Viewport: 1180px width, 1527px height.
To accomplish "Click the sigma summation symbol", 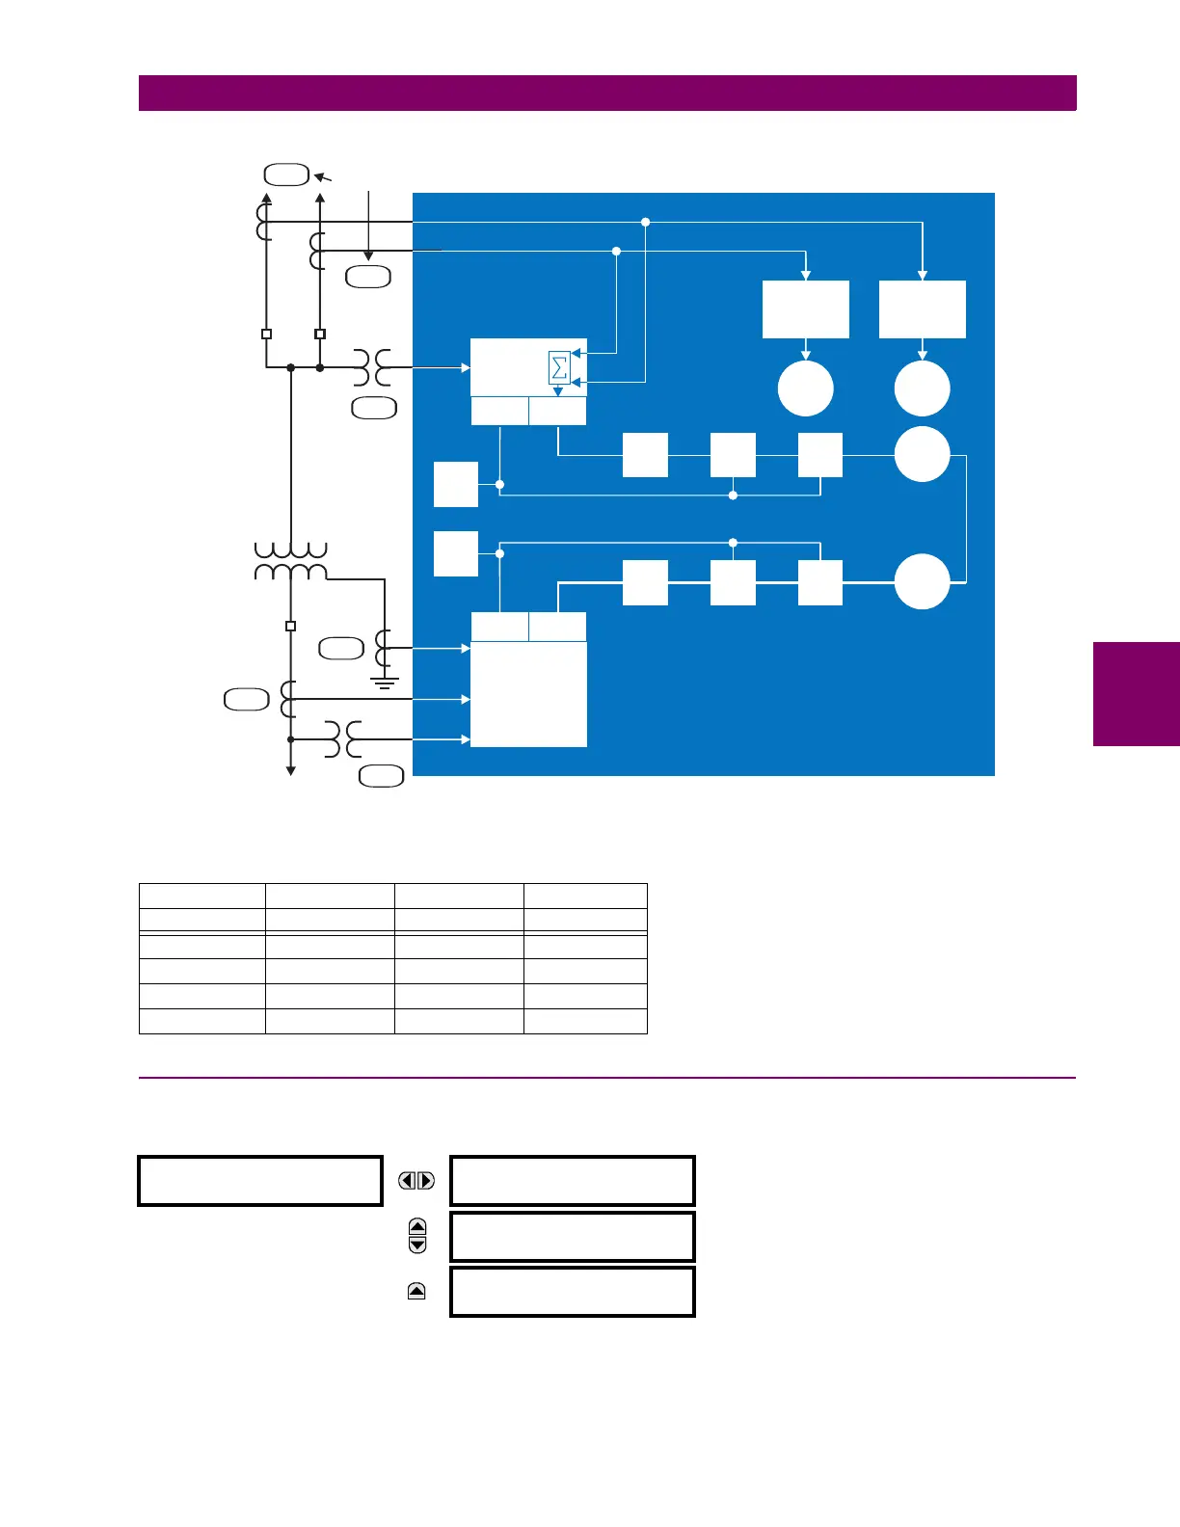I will (x=559, y=368).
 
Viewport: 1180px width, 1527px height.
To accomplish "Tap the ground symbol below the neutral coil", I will (x=385, y=683).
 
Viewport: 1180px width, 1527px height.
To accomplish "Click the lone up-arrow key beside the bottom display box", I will (x=416, y=1292).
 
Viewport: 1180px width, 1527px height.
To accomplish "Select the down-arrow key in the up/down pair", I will (x=417, y=1245).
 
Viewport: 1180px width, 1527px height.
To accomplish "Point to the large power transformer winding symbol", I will (x=290, y=561).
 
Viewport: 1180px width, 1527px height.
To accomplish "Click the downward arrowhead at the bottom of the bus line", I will (x=290, y=769).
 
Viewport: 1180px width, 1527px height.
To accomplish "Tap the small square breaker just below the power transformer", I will (x=290, y=626).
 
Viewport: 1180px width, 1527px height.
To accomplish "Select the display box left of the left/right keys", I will (x=260, y=1181).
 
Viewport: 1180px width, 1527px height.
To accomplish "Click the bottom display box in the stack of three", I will (x=573, y=1292).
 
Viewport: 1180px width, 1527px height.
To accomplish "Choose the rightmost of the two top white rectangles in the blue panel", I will (x=922, y=309).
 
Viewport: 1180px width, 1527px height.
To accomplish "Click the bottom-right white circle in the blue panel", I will (x=922, y=582).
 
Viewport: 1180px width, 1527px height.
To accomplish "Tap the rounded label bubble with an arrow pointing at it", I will (x=286, y=174).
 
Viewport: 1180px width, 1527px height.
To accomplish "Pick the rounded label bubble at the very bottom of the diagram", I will (x=381, y=776).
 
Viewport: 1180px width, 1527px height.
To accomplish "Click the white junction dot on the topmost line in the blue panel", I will (x=646, y=222).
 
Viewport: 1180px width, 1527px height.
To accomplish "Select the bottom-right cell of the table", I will (x=585, y=1021).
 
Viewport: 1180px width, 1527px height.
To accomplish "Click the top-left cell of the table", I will (x=202, y=895).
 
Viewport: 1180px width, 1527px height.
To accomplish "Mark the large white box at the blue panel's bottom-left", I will (x=528, y=694).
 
